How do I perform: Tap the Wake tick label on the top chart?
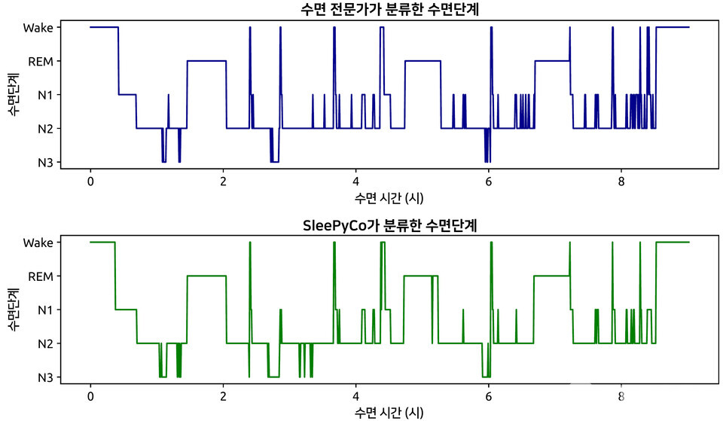(38, 28)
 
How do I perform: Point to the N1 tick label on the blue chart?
(44, 95)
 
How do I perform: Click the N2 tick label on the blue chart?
(44, 129)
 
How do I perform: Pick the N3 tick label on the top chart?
(44, 162)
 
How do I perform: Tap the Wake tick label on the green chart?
(38, 243)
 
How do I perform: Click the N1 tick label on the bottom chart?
(44, 310)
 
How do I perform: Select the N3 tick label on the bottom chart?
(44, 377)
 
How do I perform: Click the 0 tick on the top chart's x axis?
(90, 182)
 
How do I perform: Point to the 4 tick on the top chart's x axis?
(355, 182)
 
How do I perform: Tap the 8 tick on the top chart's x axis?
(621, 182)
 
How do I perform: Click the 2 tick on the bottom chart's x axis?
(223, 396)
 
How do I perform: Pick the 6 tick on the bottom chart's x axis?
(489, 396)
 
